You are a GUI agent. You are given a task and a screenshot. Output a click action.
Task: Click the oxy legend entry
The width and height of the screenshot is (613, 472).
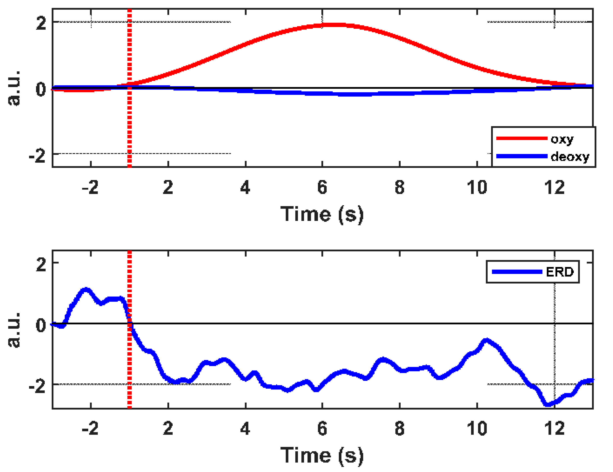[x=562, y=139]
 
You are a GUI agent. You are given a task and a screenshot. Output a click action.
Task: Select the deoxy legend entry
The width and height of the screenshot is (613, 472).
[x=570, y=156]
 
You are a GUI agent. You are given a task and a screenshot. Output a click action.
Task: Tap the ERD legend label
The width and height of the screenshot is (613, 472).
[x=560, y=272]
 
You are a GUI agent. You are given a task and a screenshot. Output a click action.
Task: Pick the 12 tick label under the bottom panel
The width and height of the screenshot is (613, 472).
[x=554, y=429]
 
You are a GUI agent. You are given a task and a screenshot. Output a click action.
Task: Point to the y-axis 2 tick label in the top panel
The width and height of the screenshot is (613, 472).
[x=41, y=23]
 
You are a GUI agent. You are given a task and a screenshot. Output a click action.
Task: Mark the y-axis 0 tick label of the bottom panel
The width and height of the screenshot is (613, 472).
[x=41, y=325]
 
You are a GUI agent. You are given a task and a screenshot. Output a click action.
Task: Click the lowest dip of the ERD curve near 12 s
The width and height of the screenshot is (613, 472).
[x=548, y=404]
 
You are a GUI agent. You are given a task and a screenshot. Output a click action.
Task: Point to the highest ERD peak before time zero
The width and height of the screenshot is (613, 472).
[x=86, y=289]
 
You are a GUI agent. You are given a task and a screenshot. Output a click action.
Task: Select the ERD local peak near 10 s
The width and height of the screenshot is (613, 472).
[x=486, y=340]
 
